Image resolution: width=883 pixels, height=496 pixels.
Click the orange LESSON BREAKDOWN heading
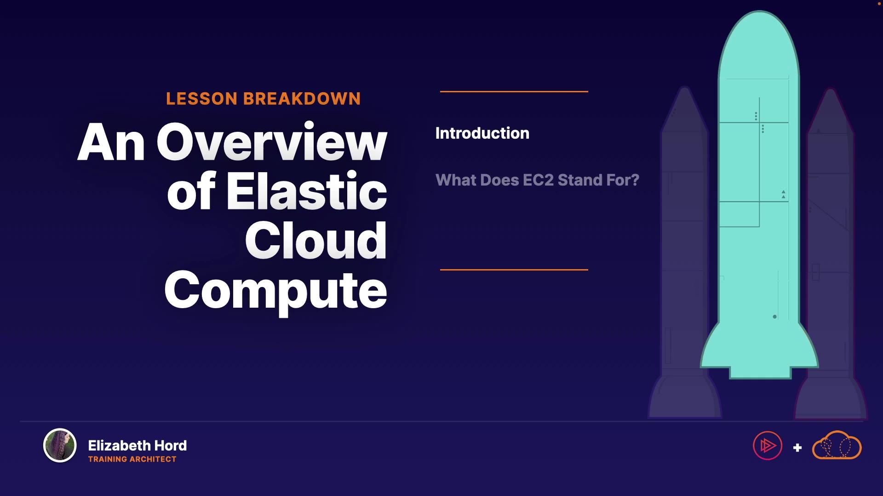click(263, 99)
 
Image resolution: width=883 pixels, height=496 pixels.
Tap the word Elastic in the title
click(307, 191)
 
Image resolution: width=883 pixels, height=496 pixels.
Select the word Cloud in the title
click(316, 240)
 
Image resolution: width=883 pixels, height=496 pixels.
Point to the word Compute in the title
click(276, 291)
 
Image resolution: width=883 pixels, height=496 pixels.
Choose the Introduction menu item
click(482, 133)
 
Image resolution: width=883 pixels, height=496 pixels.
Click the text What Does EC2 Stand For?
click(537, 180)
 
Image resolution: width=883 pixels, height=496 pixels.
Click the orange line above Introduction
click(514, 91)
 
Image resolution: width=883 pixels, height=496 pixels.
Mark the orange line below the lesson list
click(514, 270)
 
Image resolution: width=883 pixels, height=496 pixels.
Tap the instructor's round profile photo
click(60, 445)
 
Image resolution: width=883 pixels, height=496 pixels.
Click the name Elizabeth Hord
click(137, 445)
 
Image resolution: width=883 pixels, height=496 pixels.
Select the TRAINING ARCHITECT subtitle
click(132, 459)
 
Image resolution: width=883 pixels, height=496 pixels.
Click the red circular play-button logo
click(768, 445)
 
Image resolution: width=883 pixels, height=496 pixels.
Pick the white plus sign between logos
click(797, 447)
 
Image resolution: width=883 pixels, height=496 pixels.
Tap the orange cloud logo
click(837, 445)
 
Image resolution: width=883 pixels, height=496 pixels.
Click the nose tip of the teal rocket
click(759, 11)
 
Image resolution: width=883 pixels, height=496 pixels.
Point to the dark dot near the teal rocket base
click(775, 317)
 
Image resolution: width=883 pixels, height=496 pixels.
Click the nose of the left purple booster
click(685, 88)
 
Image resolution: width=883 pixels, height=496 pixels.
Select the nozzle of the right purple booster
click(831, 398)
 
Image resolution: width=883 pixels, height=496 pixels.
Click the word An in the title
click(111, 143)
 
